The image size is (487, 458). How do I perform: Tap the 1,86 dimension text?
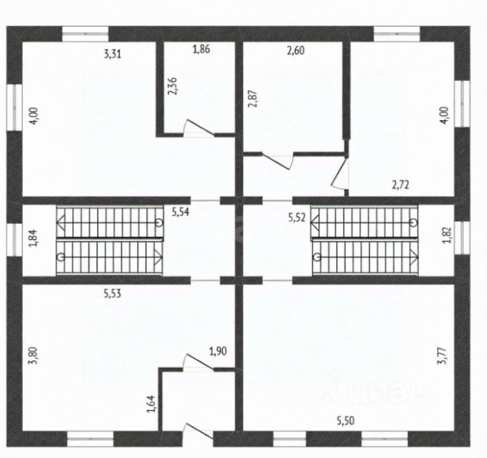[x=201, y=50]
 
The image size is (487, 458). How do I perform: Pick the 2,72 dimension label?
[x=402, y=185]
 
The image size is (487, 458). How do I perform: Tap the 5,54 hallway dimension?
[x=180, y=213]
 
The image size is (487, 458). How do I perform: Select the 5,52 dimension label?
[x=298, y=218]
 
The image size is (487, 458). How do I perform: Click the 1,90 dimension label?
[x=218, y=351]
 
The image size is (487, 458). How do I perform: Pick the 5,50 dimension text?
[x=349, y=420]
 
